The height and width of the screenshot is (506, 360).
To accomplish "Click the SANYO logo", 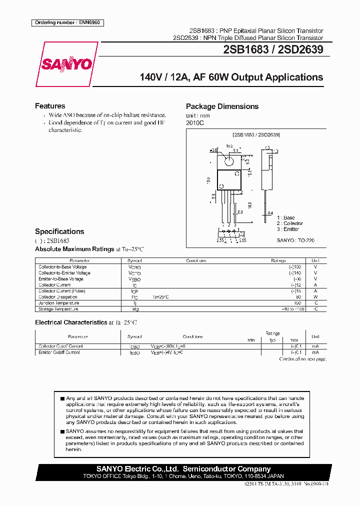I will pyautogui.click(x=66, y=64).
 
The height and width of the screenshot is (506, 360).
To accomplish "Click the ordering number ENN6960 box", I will pyautogui.click(x=68, y=22).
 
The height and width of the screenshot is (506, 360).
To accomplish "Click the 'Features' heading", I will pyautogui.click(x=50, y=106).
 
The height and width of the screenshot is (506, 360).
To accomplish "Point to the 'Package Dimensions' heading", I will pyautogui.click(x=222, y=106).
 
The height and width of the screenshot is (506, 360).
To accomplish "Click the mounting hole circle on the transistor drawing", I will pyautogui.click(x=228, y=161).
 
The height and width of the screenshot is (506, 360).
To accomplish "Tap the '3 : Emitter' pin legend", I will pyautogui.click(x=288, y=229).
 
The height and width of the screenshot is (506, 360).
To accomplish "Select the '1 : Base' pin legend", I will pyautogui.click(x=286, y=218).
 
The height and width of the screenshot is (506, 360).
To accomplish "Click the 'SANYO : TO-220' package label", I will pyautogui.click(x=295, y=240).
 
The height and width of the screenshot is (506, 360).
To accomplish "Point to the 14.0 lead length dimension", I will pyautogui.click(x=249, y=205).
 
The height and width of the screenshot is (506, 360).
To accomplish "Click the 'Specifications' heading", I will pyautogui.click(x=59, y=231).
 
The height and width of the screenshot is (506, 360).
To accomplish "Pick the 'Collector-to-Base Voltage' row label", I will pyautogui.click(x=62, y=267).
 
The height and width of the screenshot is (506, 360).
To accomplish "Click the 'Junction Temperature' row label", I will pyautogui.click(x=59, y=303).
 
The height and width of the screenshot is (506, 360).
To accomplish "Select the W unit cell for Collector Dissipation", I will pyautogui.click(x=315, y=297).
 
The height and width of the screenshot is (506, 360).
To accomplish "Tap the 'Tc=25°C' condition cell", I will pyautogui.click(x=161, y=297).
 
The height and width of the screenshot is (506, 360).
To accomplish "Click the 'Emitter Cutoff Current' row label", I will pyautogui.click(x=59, y=352).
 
